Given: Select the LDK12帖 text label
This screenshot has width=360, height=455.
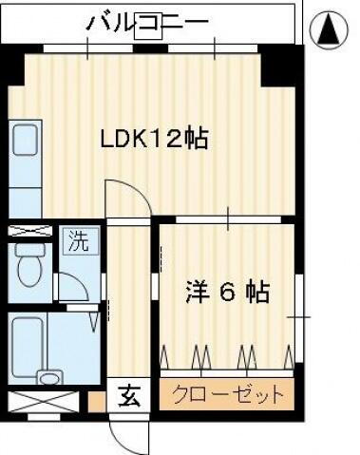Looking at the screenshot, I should click(155, 139).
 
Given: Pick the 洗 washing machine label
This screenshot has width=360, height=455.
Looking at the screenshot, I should click(80, 241).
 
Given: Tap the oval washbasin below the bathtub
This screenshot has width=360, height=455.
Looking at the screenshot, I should click(48, 377).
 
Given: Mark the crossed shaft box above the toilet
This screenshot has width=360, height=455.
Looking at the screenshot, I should click(29, 230).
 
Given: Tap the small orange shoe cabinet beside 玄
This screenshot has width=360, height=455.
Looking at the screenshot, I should click(96, 398).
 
